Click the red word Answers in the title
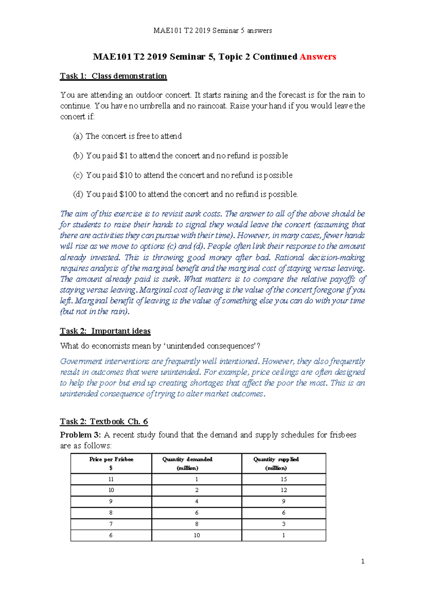point(318,57)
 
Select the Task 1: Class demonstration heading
point(113,76)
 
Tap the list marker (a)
point(78,136)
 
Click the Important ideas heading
point(121,331)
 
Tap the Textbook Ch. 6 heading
point(119,422)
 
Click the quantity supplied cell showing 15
point(284,479)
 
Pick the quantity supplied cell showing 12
point(284,490)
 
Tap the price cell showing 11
point(111,479)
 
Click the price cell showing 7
point(111,524)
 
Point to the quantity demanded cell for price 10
point(197,490)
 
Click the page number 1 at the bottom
point(362,561)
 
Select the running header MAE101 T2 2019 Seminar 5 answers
point(212,31)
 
